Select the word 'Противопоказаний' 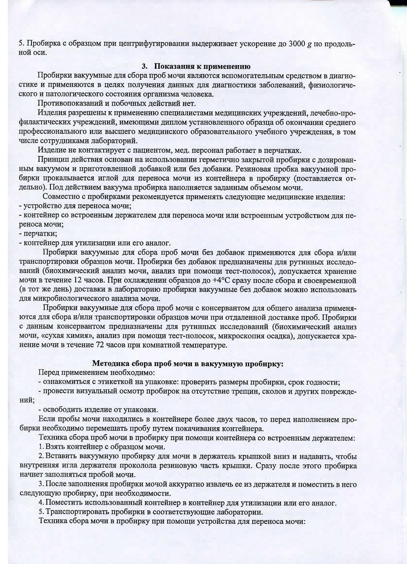(66, 103)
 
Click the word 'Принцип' (51, 160)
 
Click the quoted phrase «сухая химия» (62, 336)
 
